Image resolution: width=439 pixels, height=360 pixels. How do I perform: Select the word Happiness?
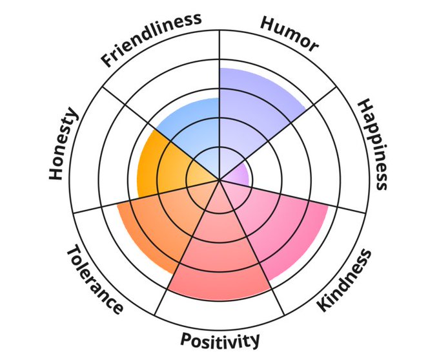pyautogui.click(x=374, y=144)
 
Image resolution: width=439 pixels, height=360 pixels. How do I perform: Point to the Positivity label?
pyautogui.click(x=220, y=339)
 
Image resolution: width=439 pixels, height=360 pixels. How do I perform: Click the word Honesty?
pyautogui.click(x=64, y=145)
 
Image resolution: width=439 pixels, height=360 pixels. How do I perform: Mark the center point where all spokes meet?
pyautogui.click(x=220, y=180)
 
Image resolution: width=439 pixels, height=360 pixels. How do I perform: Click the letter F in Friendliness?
pyautogui.click(x=107, y=62)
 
